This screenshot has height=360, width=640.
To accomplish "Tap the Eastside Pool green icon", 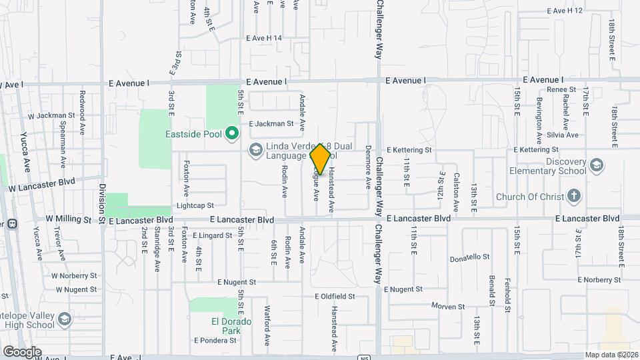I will pos(232,134).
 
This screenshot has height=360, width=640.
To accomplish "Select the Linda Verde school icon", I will pos(255,151).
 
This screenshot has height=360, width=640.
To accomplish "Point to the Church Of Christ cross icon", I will pos(574,196).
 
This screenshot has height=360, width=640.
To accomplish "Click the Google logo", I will pos(22,351).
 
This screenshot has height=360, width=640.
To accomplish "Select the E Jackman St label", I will pos(271,123).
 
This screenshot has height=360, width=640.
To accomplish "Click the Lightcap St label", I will pos(195,206).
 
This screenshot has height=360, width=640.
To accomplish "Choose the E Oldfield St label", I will pos(341,295).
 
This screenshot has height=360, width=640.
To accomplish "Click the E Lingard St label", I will pos(211,235).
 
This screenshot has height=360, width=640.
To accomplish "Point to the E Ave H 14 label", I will pos(264,38).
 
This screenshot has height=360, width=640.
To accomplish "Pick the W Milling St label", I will pos(68,219).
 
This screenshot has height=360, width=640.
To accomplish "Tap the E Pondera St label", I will pos(215,340).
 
